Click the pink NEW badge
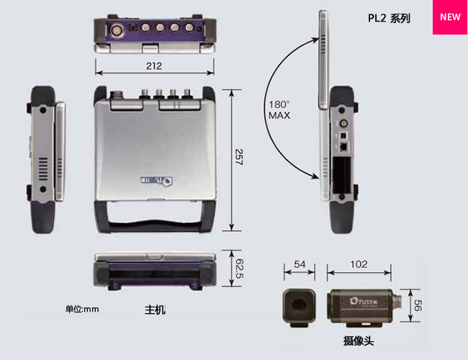(450, 17)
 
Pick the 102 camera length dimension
(359, 264)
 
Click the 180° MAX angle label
(279, 109)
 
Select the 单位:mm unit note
(81, 309)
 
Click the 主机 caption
(155, 310)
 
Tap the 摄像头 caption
(359, 341)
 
